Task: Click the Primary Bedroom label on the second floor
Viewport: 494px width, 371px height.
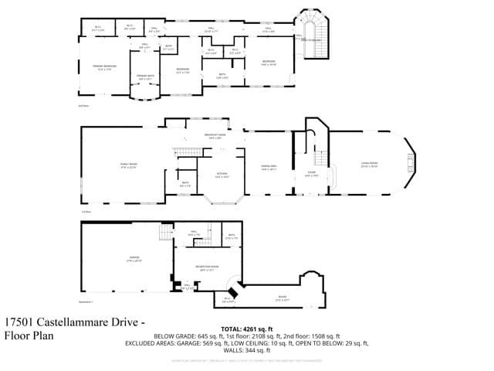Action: coord(104,67)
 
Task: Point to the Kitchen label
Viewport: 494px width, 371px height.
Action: coord(222,174)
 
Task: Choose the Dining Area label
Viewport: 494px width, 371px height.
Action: coord(269,167)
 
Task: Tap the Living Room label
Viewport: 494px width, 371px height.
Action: coord(370,164)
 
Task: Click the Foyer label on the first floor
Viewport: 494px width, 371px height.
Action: coord(311,175)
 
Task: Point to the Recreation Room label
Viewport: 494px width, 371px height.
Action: coord(206,268)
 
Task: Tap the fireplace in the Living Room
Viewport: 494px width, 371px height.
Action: coord(410,163)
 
